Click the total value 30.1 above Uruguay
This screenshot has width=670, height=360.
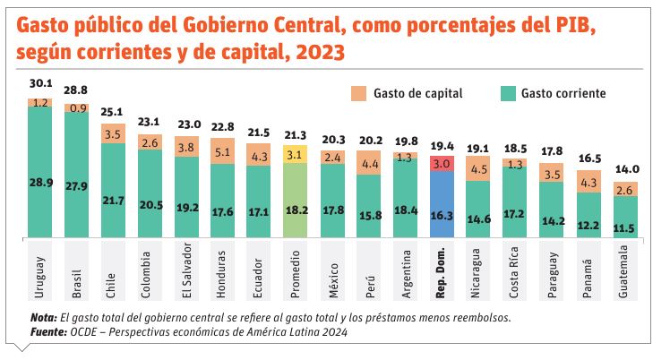[x=40, y=83]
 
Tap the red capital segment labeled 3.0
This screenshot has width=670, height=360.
[x=442, y=163]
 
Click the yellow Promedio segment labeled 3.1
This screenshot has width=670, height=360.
[x=296, y=155]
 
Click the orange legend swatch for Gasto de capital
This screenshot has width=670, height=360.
[x=358, y=93]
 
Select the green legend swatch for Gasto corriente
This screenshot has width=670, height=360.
[x=507, y=93]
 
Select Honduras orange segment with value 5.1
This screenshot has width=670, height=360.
[x=223, y=151]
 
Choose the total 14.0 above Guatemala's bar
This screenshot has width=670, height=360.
[x=625, y=169]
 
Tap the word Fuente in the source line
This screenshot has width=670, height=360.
[x=47, y=331]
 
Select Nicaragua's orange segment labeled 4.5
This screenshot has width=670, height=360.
[x=479, y=169]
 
